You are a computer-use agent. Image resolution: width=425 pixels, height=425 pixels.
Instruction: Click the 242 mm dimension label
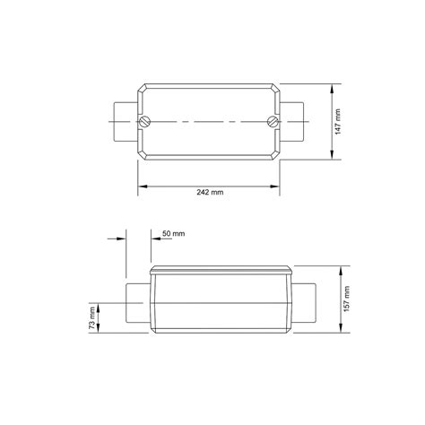[210, 192]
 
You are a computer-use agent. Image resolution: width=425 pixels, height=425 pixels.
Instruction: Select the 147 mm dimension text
[338, 122]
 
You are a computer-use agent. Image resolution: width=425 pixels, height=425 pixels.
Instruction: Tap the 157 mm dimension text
[346, 299]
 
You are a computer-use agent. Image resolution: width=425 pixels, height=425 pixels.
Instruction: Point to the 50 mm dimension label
[173, 233]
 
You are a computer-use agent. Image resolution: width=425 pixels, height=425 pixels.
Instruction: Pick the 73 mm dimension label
[92, 318]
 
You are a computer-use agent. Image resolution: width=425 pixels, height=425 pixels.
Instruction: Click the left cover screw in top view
[145, 122]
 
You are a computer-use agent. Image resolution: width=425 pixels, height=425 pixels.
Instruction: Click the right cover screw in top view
[273, 122]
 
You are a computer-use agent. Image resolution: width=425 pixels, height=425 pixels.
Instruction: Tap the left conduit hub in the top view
[126, 122]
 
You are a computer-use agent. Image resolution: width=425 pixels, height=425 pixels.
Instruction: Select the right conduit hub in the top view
[292, 122]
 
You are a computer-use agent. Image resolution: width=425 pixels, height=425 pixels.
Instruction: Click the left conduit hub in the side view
[138, 303]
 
